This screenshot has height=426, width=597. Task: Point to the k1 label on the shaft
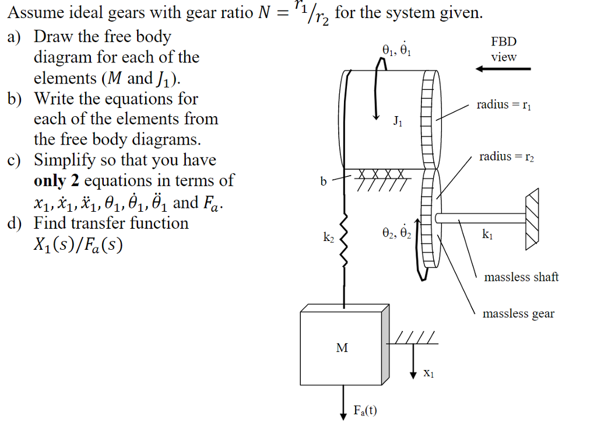click(487, 235)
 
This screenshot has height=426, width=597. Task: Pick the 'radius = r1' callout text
click(504, 105)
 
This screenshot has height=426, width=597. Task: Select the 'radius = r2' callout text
click(507, 156)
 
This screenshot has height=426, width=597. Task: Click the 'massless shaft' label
click(521, 277)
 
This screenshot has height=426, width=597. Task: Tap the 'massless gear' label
click(518, 314)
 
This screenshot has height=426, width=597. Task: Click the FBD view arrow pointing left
click(503, 69)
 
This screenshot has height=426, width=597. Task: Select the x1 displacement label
click(429, 372)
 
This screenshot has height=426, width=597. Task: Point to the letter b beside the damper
click(323, 181)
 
